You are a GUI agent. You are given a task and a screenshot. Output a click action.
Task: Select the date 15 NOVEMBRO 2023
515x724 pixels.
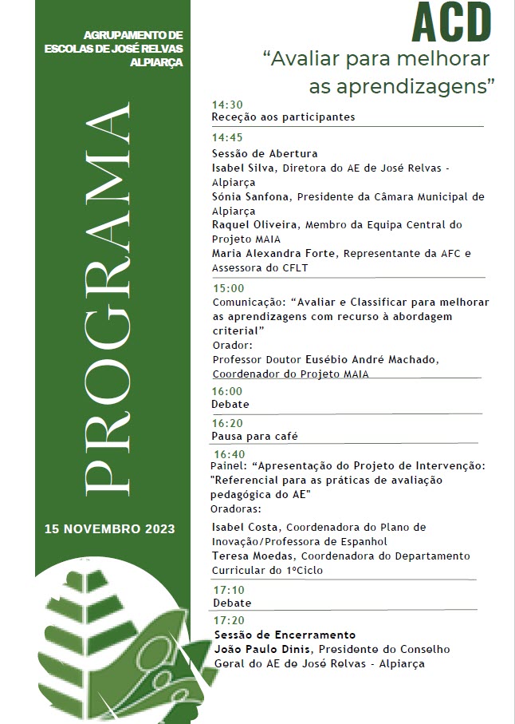(x=110, y=528)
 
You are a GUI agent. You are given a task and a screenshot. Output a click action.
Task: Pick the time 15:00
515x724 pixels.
(x=228, y=288)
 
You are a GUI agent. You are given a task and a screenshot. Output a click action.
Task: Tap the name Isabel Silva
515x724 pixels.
(x=238, y=168)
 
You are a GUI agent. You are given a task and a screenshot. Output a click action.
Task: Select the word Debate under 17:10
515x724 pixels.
(x=231, y=603)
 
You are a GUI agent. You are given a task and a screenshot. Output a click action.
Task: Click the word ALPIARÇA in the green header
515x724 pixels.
(x=160, y=62)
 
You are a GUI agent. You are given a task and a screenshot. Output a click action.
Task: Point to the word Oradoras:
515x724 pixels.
(x=235, y=508)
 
